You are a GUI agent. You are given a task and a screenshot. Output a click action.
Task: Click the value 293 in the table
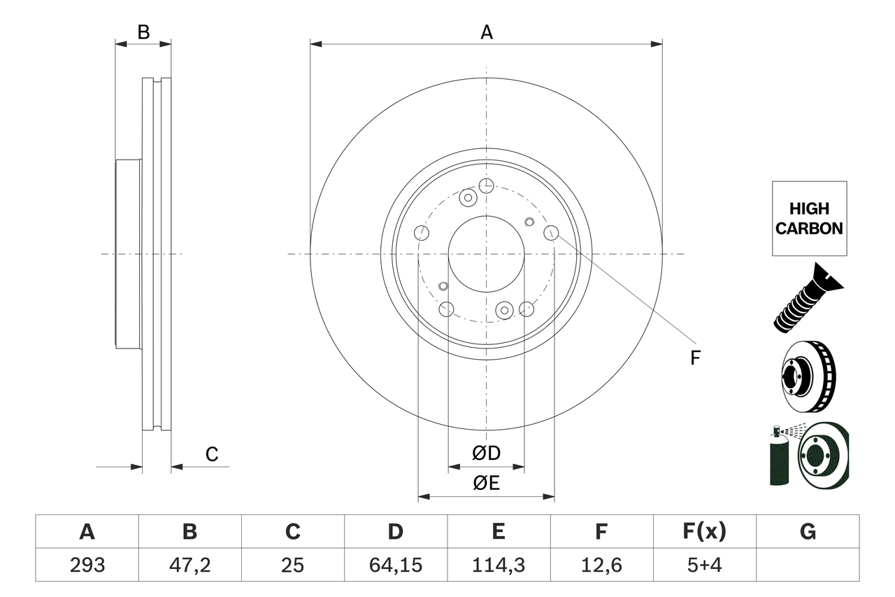point(87,565)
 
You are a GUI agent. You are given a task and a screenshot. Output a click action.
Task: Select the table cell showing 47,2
point(190,565)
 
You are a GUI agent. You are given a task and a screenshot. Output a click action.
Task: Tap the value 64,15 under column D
point(396,565)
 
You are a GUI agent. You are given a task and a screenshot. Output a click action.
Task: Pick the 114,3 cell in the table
point(498,565)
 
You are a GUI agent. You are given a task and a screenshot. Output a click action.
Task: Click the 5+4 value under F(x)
point(704,565)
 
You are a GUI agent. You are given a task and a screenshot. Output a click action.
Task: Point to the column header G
point(808,532)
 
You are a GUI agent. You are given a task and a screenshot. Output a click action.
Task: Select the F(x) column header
point(704,532)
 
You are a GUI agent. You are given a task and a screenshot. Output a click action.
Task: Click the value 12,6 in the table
point(601,565)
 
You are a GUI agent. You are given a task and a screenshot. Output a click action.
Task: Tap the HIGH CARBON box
point(809,218)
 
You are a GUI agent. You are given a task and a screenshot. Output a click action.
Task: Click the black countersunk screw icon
point(808,297)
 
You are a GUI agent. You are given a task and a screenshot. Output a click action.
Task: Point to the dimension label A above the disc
point(486,32)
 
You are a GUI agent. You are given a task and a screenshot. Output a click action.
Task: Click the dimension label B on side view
point(143,32)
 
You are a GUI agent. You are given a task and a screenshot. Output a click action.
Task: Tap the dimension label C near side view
point(211,455)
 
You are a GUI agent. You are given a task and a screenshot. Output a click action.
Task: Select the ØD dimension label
point(486,454)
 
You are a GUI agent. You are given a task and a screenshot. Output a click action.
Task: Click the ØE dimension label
point(486,483)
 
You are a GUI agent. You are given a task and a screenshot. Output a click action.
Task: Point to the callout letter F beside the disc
point(694,358)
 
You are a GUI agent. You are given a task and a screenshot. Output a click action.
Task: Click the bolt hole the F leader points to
point(551,232)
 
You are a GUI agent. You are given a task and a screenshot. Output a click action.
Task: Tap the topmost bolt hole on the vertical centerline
point(486,185)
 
